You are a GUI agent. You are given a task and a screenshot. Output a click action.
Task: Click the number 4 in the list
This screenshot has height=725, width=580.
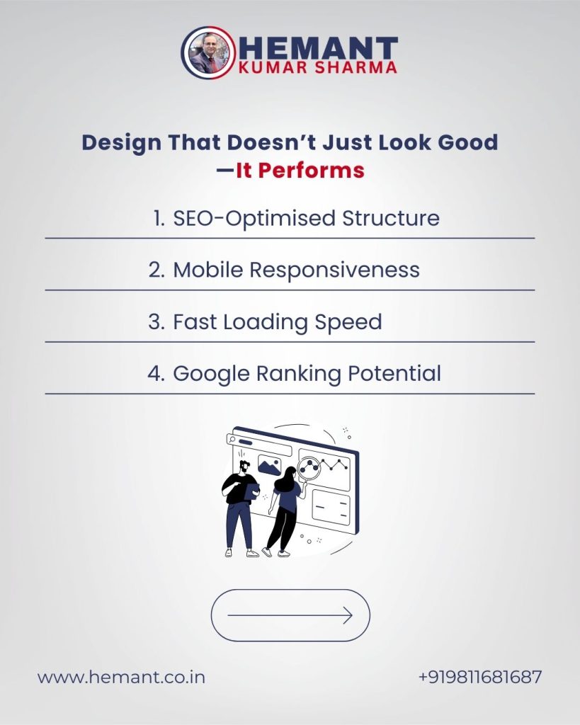[154, 373]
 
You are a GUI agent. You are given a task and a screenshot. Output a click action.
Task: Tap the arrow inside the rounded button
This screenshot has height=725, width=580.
[290, 615]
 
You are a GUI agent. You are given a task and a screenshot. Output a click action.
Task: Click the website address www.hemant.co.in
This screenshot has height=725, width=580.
[121, 677]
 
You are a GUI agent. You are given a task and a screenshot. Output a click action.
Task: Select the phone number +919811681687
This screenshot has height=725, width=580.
[480, 677]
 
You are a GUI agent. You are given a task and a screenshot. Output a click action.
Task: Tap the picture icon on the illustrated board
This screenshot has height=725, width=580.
[270, 465]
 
